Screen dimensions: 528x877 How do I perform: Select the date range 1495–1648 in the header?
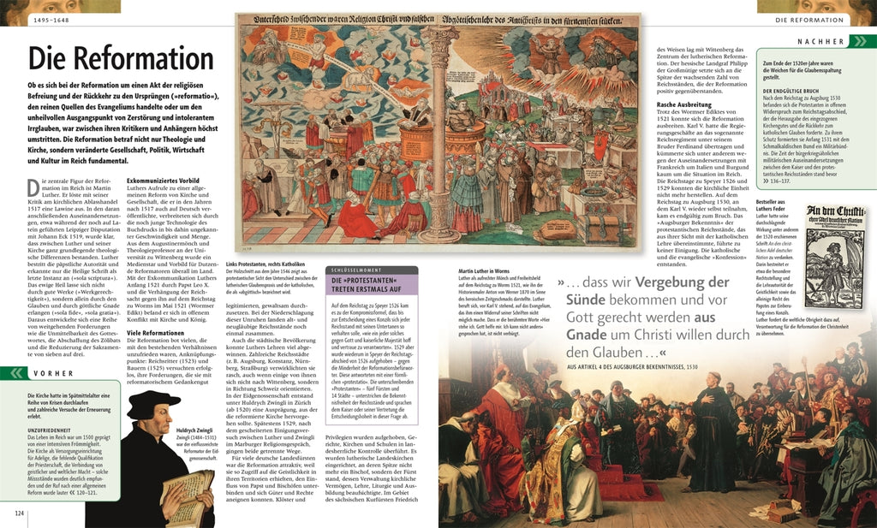click(53, 19)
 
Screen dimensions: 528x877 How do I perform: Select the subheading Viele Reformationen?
click(155, 332)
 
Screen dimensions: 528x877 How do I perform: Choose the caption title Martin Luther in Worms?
click(485, 270)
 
